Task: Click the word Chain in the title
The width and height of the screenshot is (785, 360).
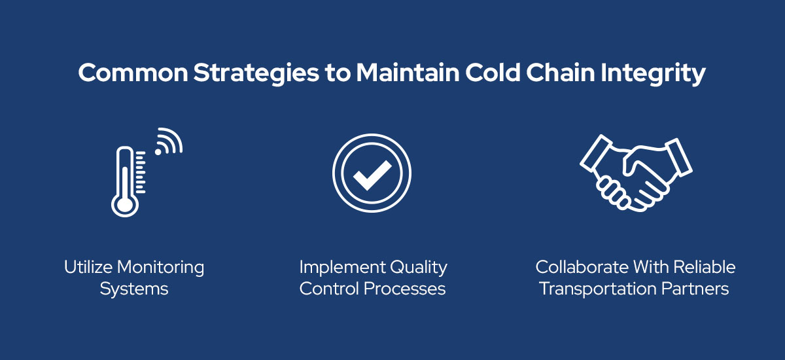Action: point(549,73)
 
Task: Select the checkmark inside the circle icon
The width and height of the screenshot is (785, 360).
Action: point(372,175)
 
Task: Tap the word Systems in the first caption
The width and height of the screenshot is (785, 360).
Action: point(134,289)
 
